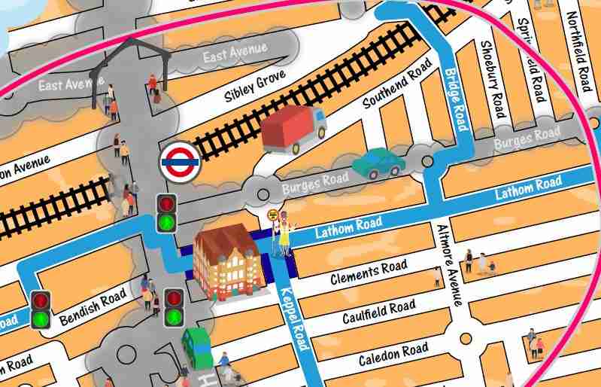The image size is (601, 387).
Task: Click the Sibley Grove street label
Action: point(255,87)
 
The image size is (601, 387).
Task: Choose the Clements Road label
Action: point(369,273)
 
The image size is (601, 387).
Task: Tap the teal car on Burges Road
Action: point(378,163)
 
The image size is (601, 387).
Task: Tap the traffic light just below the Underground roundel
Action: point(166,212)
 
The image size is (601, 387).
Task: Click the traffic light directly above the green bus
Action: point(175,308)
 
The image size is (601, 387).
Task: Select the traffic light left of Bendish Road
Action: point(41,309)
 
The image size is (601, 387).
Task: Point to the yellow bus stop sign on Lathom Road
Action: point(273,215)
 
